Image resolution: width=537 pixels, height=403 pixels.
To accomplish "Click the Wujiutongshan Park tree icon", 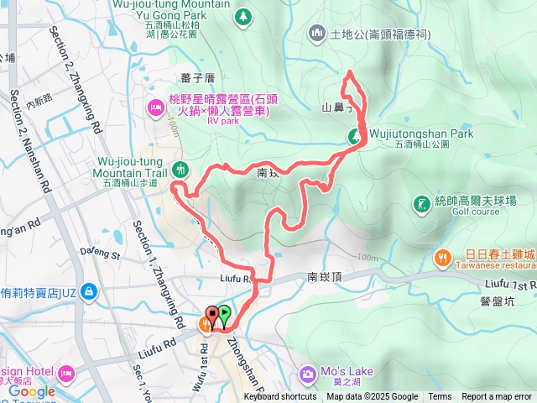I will pos(356,136).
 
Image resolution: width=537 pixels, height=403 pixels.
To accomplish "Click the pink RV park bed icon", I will pos(155,107).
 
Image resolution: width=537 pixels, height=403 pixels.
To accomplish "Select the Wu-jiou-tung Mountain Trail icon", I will pos(180,168).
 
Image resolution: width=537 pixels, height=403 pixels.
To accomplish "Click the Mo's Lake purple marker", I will pos(308,372).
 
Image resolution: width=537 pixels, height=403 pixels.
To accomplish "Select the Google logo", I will pos(32,391).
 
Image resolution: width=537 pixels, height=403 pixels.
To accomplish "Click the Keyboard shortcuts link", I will pos(280,397).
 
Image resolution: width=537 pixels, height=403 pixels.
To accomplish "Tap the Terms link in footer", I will pos(440,397).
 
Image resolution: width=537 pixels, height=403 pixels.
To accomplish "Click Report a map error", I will pos(498,397).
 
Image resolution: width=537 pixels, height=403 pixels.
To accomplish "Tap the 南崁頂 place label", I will pos(324,275).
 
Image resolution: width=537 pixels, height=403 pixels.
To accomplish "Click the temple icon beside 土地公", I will pos(317,34).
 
